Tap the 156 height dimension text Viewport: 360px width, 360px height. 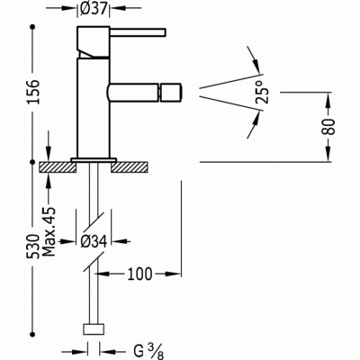pos(13,90)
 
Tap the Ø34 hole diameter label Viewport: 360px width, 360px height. pos(94,241)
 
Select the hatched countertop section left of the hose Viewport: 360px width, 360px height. pos(58,166)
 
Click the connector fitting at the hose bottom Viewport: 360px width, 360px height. pos(94,329)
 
